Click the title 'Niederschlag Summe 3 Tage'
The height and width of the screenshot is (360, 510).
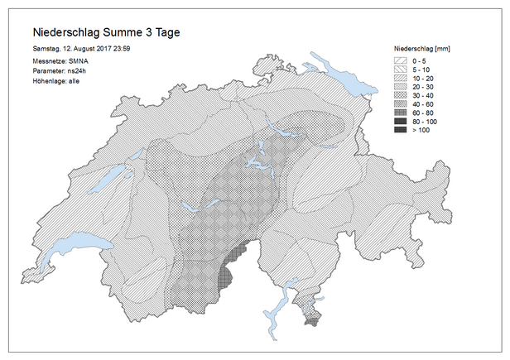coord(104,32)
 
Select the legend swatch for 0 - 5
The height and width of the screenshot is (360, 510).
coord(400,61)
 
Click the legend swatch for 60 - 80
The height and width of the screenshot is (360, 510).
coord(400,113)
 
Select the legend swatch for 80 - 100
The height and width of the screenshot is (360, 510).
coord(400,122)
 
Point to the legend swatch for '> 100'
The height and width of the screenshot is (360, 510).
coord(400,131)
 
